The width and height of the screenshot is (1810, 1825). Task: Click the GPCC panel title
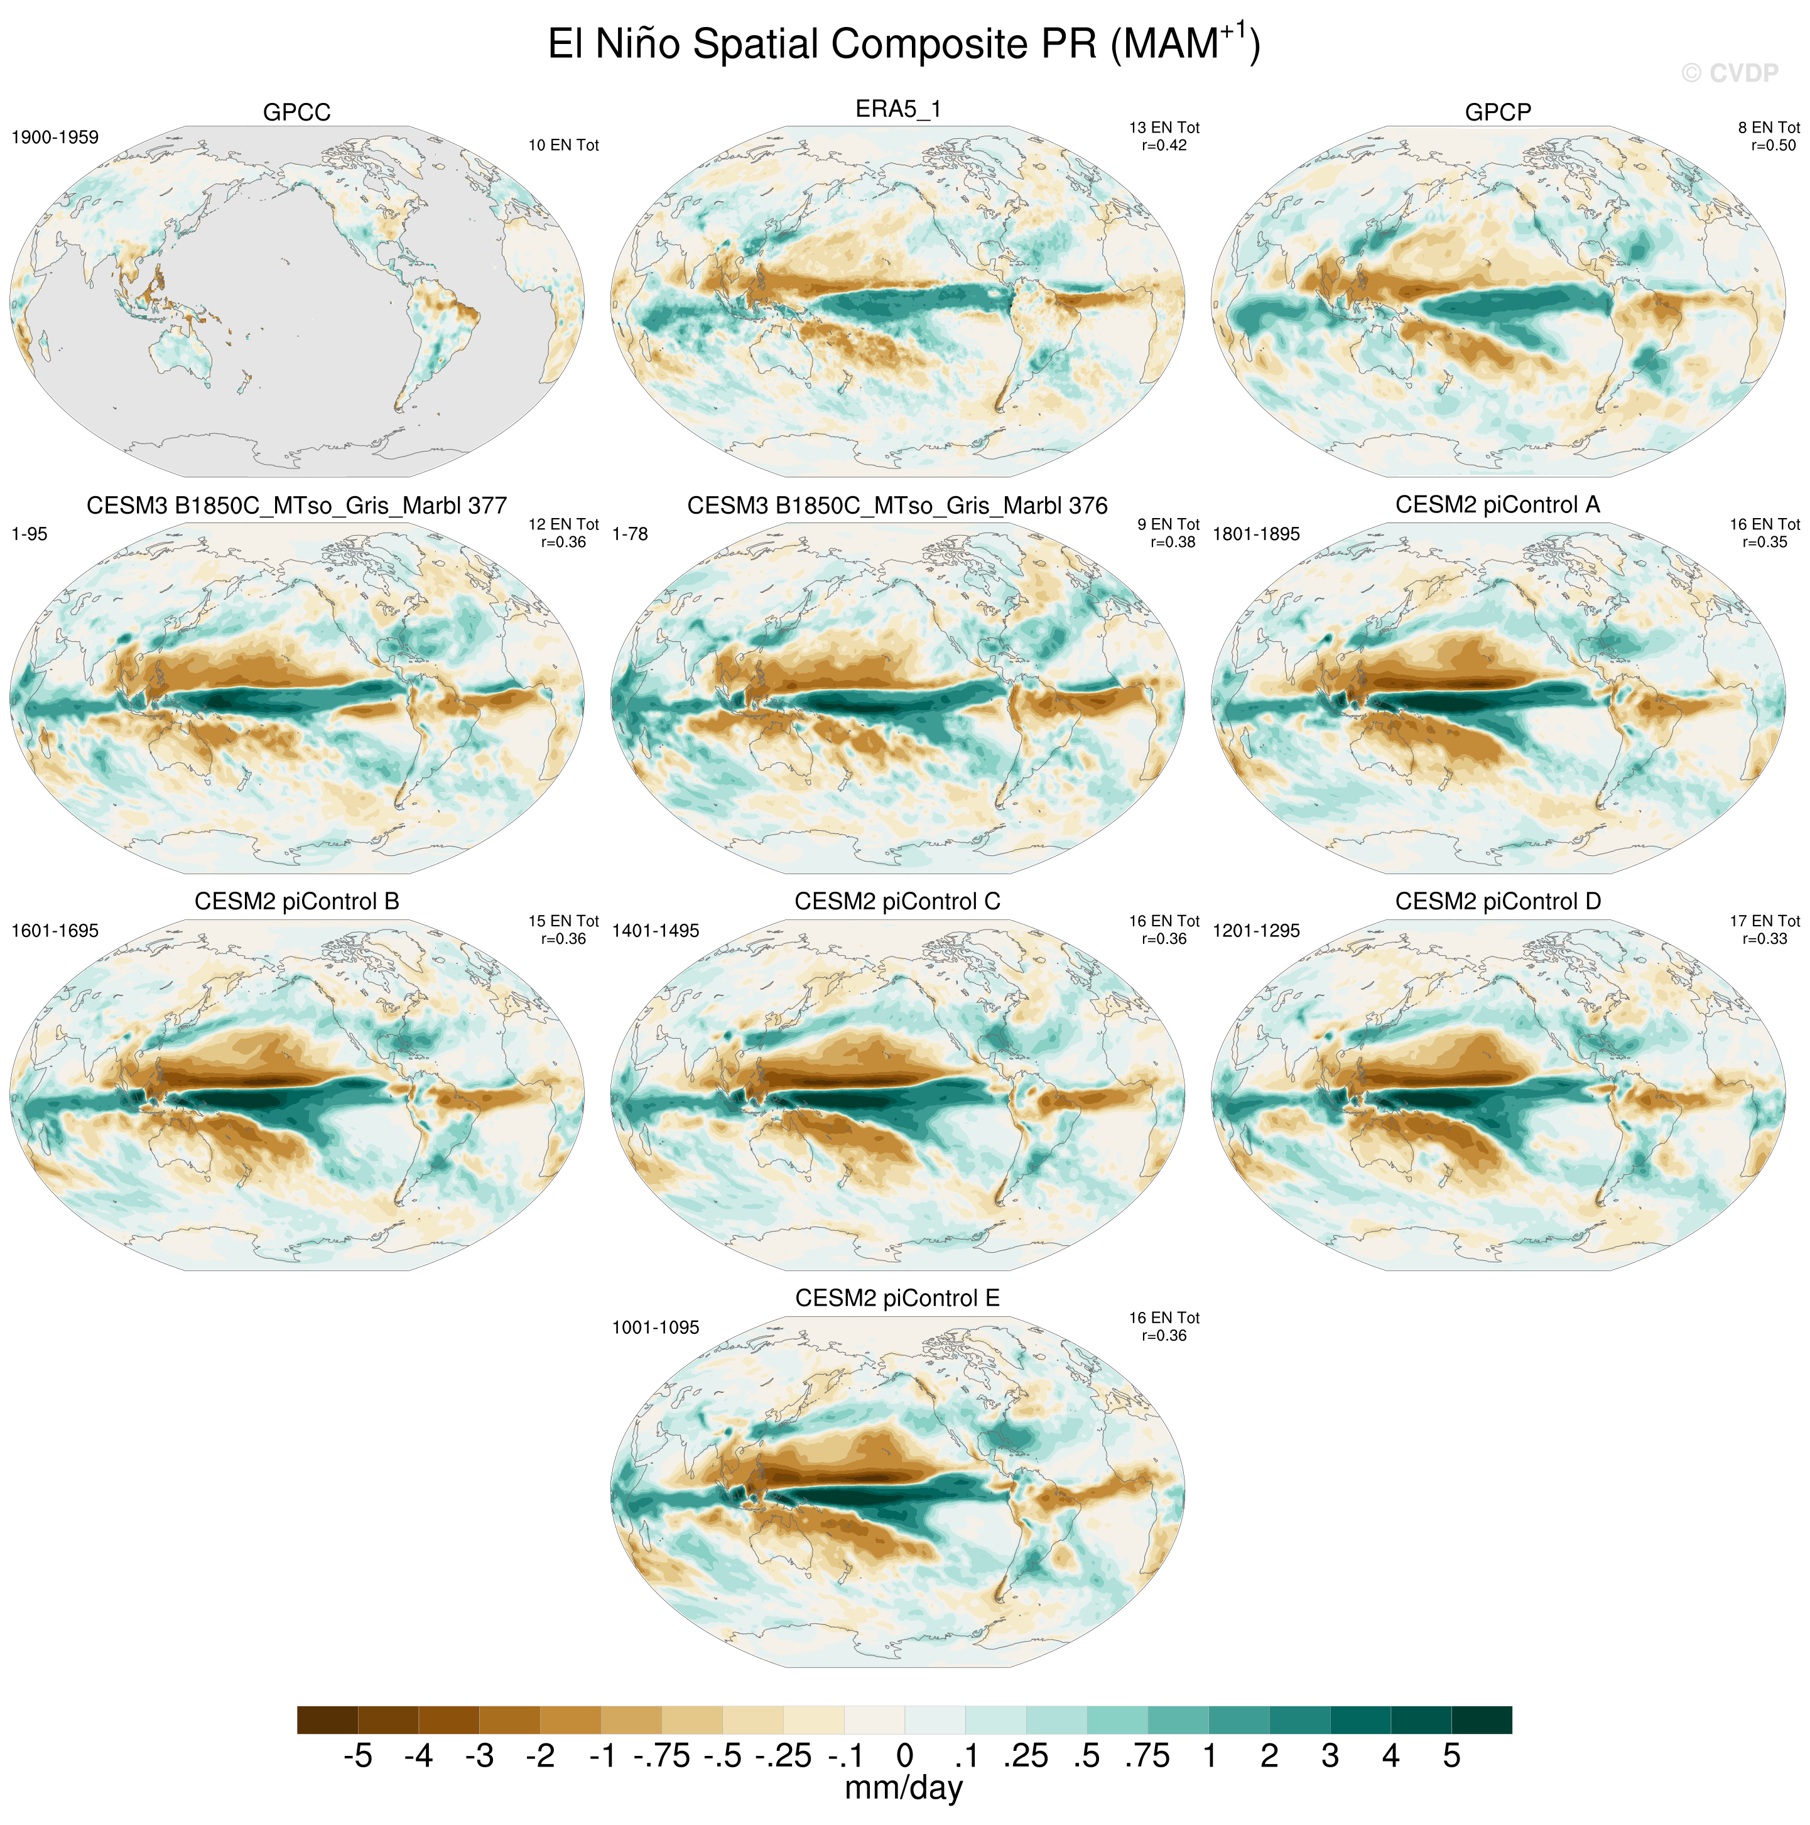pyautogui.click(x=296, y=112)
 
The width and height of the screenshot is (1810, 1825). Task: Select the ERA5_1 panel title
pyautogui.click(x=897, y=109)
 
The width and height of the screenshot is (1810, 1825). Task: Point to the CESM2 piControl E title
pyautogui.click(x=897, y=1299)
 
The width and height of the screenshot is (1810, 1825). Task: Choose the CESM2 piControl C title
pyautogui.click(x=897, y=902)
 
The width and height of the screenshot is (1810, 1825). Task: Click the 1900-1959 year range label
pyautogui.click(x=55, y=138)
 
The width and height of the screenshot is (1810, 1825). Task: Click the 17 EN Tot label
pyautogui.click(x=1765, y=921)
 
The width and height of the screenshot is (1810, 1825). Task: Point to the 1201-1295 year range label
pyautogui.click(x=1257, y=931)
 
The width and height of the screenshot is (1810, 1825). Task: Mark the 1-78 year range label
pyautogui.click(x=630, y=534)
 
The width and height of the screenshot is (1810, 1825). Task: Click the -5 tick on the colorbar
pyautogui.click(x=357, y=1756)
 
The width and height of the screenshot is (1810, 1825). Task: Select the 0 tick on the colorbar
pyautogui.click(x=905, y=1756)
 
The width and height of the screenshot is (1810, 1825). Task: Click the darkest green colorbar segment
pyautogui.click(x=1482, y=1720)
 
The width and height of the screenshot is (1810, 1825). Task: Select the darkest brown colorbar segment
pyautogui.click(x=327, y=1720)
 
